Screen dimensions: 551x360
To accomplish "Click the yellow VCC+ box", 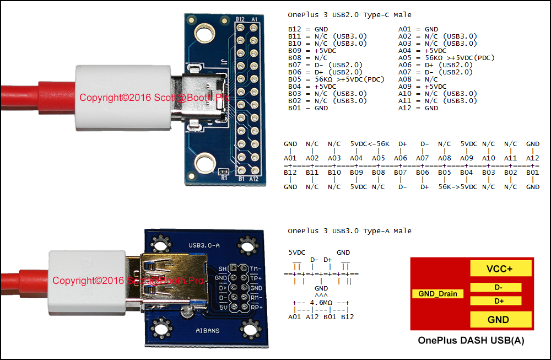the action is coord(501,268).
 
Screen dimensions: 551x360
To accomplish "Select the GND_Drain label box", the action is coord(438,293).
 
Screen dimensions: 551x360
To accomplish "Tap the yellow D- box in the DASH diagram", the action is coord(496,287).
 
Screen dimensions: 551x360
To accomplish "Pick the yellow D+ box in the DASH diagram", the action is coord(496,301).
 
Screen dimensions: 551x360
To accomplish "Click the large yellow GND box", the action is coord(501,320).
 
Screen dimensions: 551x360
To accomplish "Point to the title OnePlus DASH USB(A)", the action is coord(471,340).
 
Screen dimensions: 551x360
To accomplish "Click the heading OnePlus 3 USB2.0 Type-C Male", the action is coord(350,15).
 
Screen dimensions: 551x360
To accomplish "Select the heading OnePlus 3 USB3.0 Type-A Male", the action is coord(350,231).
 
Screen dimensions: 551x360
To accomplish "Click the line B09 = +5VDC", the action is coord(312,51).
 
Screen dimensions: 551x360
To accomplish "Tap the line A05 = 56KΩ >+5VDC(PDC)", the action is coord(446,58).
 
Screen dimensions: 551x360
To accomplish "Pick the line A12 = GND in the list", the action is coord(418,108).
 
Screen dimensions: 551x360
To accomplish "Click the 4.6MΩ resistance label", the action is coord(321,302).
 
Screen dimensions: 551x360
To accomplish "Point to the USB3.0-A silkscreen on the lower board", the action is coord(204,245).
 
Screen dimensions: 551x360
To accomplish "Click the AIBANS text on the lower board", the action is coord(208,330).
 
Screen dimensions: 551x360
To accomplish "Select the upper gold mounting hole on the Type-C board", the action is coord(204,34).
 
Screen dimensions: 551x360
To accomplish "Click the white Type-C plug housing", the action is coord(123,97).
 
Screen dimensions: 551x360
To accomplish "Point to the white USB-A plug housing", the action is coord(87,281).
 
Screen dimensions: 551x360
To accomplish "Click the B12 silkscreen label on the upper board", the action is coord(240,19).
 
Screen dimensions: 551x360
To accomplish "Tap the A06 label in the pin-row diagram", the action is coord(400,158).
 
